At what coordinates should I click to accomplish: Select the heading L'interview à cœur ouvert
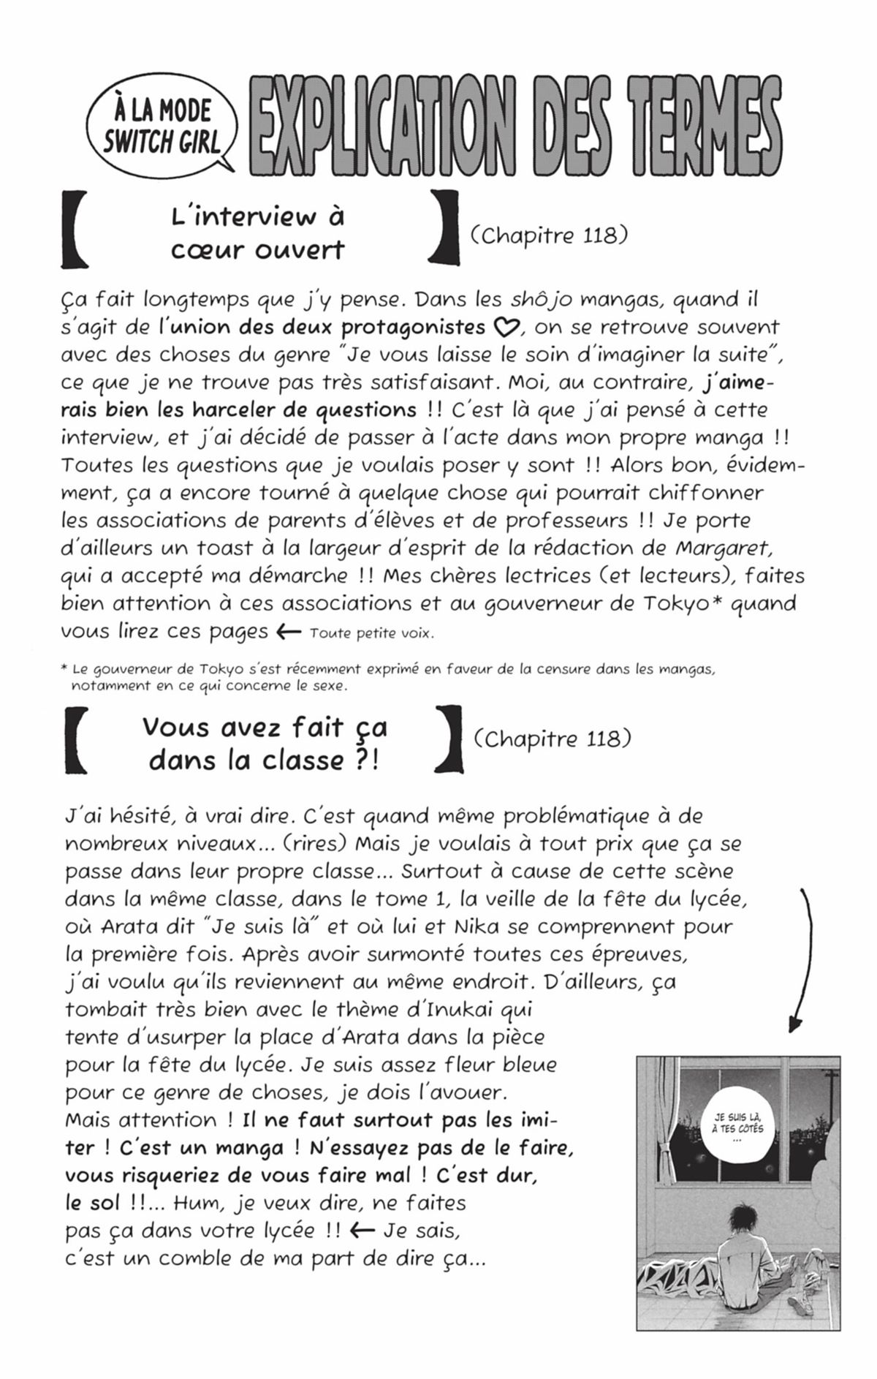(x=257, y=233)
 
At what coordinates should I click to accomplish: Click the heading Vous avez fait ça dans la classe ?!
(x=265, y=744)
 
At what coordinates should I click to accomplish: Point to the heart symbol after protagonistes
(x=506, y=328)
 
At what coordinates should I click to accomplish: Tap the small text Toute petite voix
(x=371, y=633)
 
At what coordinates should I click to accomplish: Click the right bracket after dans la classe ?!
(x=449, y=738)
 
